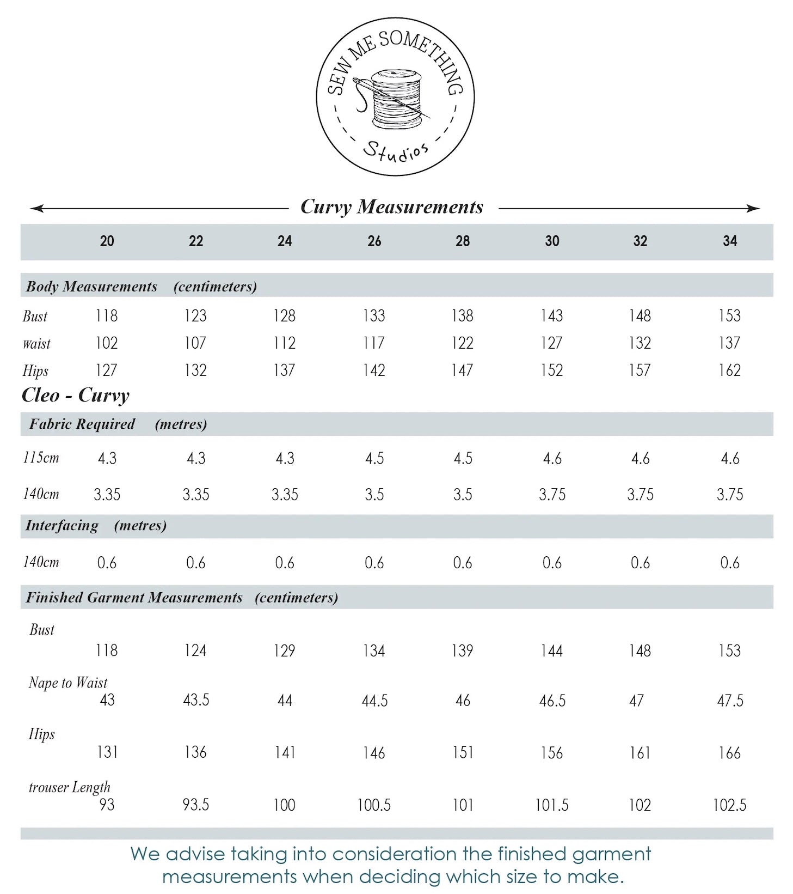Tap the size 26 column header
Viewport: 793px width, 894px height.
(x=374, y=241)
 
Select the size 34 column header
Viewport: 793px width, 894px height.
(x=729, y=241)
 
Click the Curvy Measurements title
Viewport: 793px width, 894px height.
(x=392, y=207)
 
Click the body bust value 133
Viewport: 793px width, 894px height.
(x=374, y=316)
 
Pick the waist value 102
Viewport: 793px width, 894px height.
(x=107, y=343)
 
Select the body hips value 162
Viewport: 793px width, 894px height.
(x=729, y=370)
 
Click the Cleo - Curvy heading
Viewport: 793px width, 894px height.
(x=76, y=395)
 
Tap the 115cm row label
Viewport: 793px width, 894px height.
(x=41, y=458)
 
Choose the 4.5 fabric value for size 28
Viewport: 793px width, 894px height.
(x=463, y=458)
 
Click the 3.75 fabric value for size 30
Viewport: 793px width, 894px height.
(x=552, y=495)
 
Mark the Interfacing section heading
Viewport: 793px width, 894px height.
(x=62, y=526)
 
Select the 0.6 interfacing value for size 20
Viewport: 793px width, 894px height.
(x=107, y=563)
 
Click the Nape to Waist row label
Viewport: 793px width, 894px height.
(x=68, y=683)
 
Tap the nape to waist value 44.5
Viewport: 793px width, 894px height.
(x=374, y=701)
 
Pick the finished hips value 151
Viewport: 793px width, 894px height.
(x=463, y=753)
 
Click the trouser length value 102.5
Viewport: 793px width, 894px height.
(x=729, y=805)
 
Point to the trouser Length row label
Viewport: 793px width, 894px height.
(x=69, y=787)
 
